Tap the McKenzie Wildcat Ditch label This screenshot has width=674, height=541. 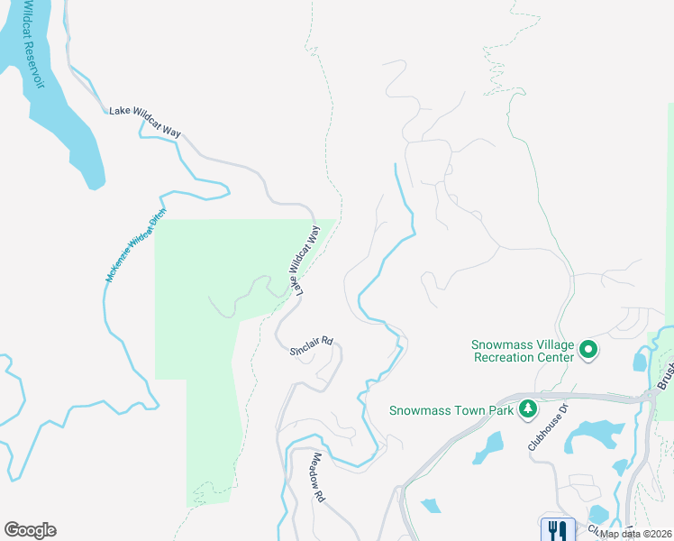coord(136,246)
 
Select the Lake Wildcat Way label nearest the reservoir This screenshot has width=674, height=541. coord(145,122)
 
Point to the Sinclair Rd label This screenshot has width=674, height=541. coord(312,345)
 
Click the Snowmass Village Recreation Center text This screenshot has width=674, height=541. coord(524,351)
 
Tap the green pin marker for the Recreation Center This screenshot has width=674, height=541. coord(588,348)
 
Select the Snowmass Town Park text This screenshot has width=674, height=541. coord(451,410)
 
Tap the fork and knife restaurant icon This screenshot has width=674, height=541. coord(557,529)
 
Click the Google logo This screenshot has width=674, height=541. coord(30,530)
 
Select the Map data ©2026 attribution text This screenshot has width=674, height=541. coord(634,534)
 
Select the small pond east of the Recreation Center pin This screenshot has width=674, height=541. coord(639,362)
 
